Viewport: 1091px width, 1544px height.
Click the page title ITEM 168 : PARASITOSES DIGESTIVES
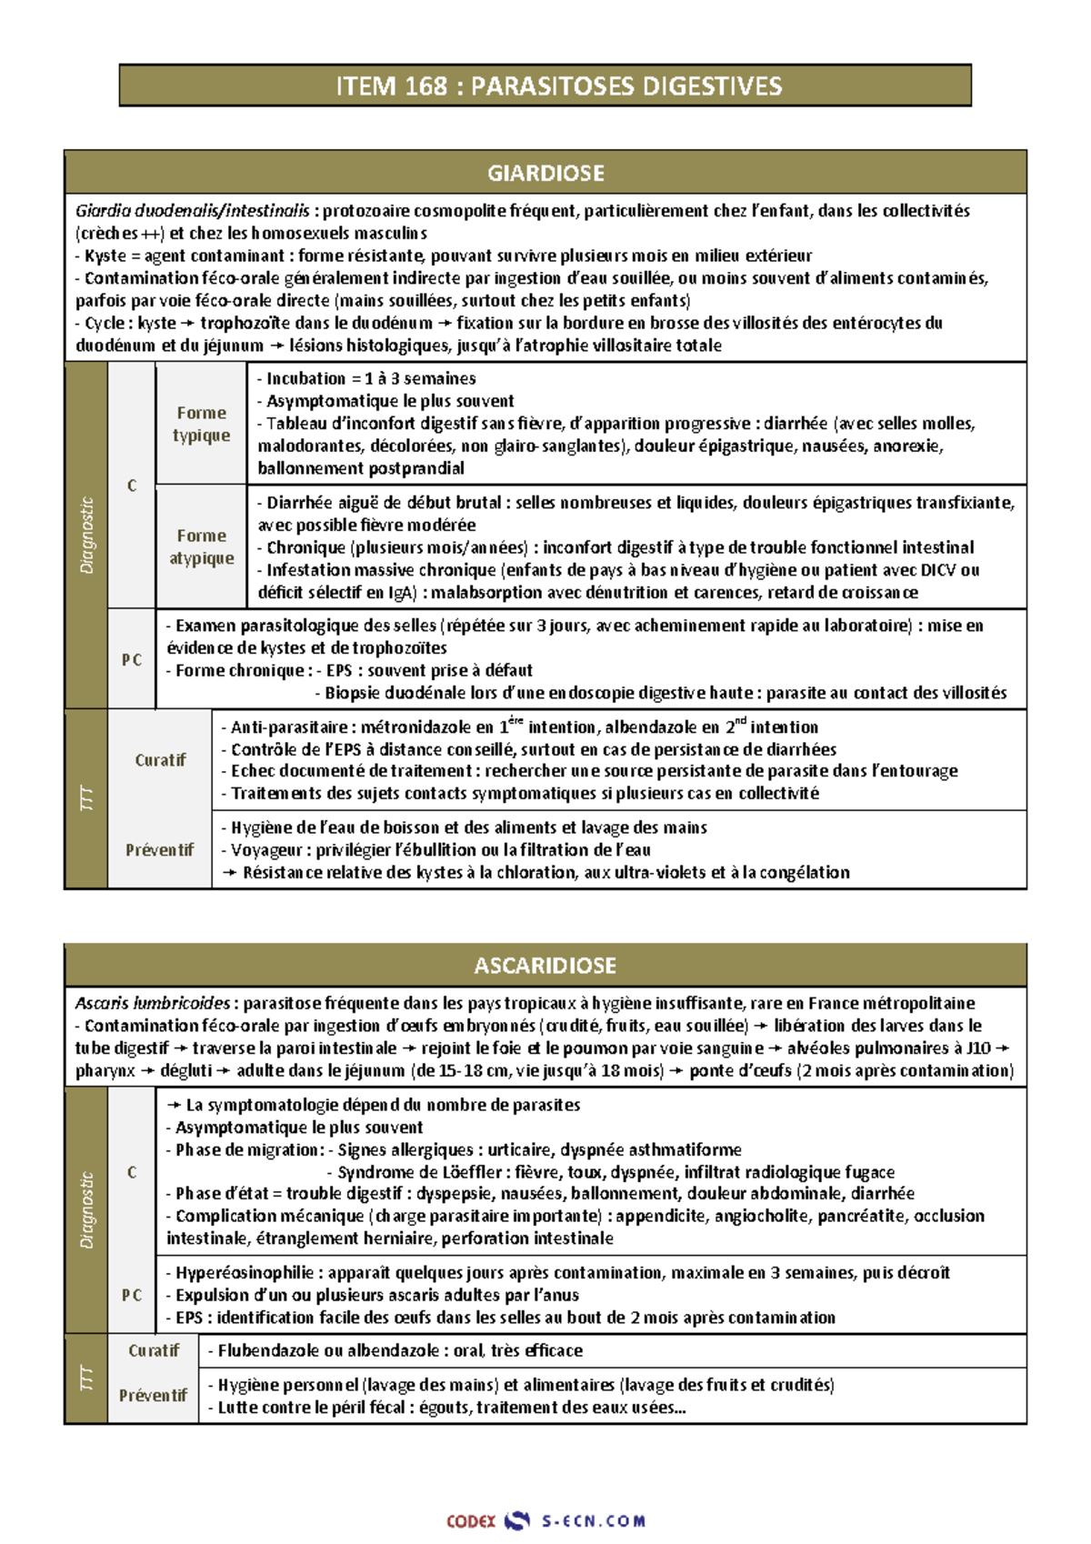(x=545, y=86)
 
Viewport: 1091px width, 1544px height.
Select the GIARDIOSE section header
(x=545, y=173)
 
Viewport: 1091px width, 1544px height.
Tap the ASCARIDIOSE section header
(x=545, y=966)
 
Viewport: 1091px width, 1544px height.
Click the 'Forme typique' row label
(x=201, y=424)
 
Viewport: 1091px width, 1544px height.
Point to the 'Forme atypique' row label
(x=201, y=547)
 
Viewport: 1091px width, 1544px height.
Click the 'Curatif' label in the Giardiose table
(x=160, y=760)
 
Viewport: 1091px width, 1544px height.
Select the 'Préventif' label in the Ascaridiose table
(x=153, y=1395)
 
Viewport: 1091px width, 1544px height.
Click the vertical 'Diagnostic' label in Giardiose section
(x=86, y=536)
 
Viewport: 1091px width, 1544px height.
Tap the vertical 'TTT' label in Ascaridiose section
(x=86, y=1379)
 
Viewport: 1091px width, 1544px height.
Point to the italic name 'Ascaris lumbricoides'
(x=152, y=1004)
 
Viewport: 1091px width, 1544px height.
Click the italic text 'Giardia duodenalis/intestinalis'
(x=193, y=211)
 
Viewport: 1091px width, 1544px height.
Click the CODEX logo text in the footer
(x=471, y=1520)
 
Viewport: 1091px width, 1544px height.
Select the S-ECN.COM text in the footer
(x=593, y=1520)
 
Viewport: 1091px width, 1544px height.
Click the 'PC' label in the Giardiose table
(x=132, y=660)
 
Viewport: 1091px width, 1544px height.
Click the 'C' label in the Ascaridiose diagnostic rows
(x=132, y=1172)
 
